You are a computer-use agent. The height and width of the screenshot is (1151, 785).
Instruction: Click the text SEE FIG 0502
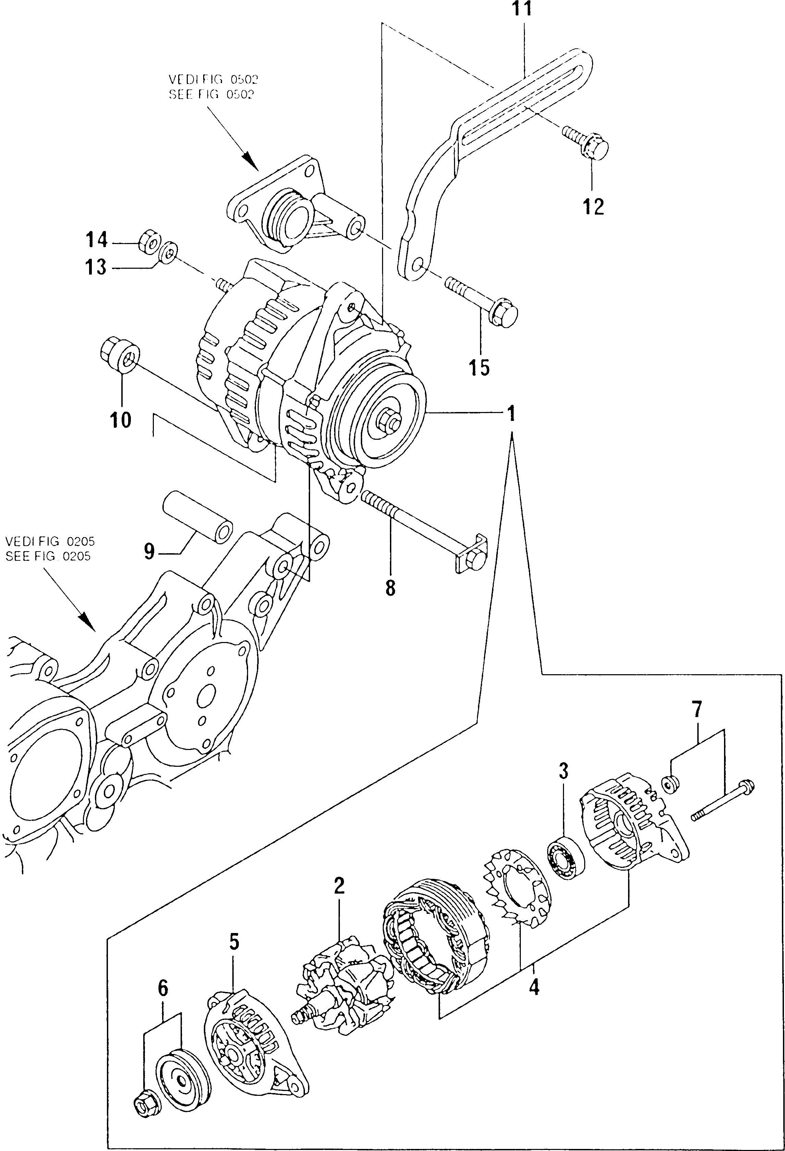(211, 95)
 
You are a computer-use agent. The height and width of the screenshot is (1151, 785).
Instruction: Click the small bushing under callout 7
(671, 783)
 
